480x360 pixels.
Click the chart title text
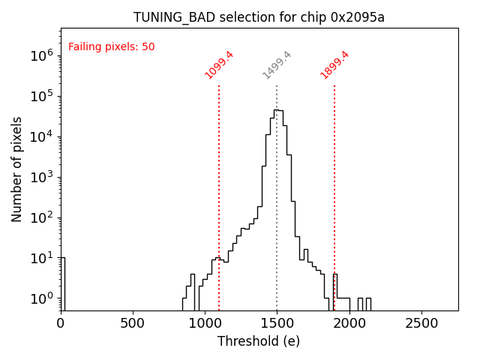click(259, 17)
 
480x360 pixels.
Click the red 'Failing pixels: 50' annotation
click(112, 47)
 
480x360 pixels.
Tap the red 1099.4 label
click(220, 65)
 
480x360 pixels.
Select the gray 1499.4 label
click(277, 65)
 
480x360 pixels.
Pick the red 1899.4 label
click(335, 65)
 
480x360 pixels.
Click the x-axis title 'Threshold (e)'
click(259, 341)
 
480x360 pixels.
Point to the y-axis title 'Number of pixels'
click(17, 169)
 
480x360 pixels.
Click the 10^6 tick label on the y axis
click(41, 55)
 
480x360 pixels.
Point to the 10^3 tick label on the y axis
click(41, 177)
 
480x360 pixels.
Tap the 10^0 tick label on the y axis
click(41, 298)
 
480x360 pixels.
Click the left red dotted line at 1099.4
click(219, 187)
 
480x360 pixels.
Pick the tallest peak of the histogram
click(277, 110)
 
